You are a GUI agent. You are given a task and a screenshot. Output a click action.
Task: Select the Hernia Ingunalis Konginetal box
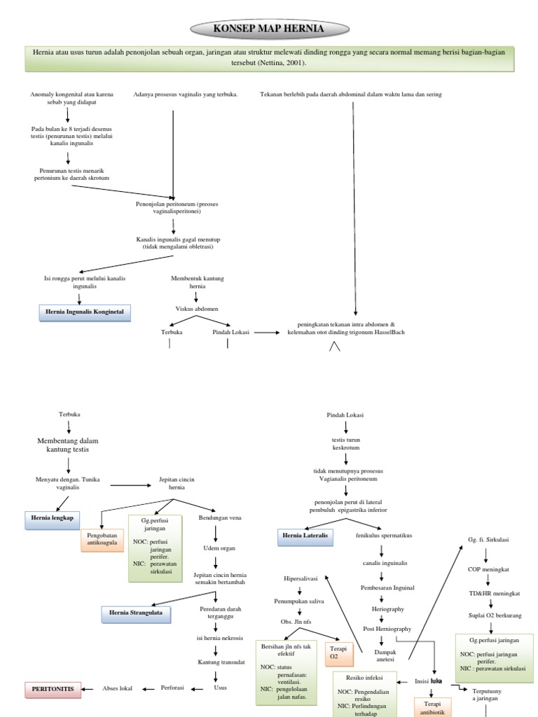pos(84,312)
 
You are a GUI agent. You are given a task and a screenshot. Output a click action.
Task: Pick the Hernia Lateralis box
pos(305,537)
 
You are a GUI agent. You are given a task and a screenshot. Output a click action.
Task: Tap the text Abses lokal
pos(118,688)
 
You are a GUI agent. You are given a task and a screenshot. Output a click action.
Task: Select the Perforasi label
pos(172,688)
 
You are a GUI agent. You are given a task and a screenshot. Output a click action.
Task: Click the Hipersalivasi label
pos(300,579)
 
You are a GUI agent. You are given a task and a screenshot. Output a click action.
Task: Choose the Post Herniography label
pos(387,629)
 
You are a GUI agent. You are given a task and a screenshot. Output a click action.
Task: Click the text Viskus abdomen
pos(196,308)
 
